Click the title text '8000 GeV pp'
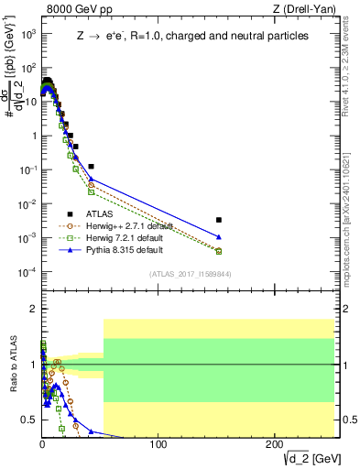(x=75, y=10)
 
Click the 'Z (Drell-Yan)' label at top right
(x=302, y=10)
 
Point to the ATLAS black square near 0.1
(x=91, y=167)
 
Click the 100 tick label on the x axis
(x=158, y=444)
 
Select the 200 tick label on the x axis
(x=274, y=444)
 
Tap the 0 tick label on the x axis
(x=42, y=444)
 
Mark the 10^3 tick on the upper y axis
(x=28, y=34)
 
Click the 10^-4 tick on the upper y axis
(x=28, y=272)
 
